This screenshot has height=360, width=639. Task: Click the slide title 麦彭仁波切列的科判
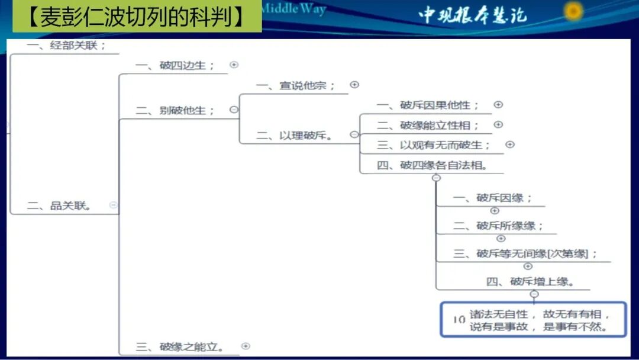click(137, 16)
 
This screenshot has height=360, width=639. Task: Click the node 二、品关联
click(59, 205)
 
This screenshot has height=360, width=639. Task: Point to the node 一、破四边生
click(175, 65)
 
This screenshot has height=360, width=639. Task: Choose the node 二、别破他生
click(175, 110)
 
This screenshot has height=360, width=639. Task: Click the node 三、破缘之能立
click(180, 347)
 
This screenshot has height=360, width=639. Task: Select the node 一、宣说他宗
click(296, 85)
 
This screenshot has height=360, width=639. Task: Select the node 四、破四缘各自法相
click(433, 165)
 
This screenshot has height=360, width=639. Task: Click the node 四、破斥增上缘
click(530, 281)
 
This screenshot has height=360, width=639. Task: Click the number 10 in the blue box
click(459, 320)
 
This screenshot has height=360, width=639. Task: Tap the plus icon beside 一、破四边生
click(234, 65)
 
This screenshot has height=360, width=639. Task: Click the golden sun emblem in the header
click(573, 11)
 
